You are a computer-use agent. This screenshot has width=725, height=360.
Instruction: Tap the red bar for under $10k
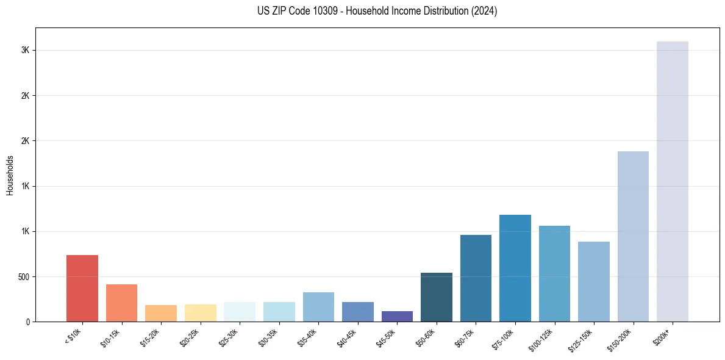click(x=82, y=288)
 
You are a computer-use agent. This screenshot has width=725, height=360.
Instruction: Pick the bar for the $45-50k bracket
click(x=397, y=317)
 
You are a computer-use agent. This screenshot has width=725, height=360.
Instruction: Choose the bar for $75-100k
click(x=515, y=268)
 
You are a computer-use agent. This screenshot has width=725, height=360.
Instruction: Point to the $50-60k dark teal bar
click(x=437, y=297)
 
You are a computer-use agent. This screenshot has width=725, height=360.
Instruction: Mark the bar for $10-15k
click(x=121, y=303)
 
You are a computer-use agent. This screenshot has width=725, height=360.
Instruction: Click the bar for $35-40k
click(x=318, y=307)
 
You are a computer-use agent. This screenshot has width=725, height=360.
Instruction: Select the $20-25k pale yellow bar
click(x=201, y=313)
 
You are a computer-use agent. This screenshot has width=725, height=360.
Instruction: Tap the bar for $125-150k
click(x=594, y=281)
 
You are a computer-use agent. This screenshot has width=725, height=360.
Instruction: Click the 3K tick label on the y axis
click(x=25, y=51)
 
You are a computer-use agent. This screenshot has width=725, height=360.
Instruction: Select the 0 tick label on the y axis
click(x=27, y=322)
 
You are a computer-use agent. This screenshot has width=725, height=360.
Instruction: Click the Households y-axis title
click(x=10, y=175)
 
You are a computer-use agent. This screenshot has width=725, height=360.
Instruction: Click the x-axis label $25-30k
click(x=230, y=337)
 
